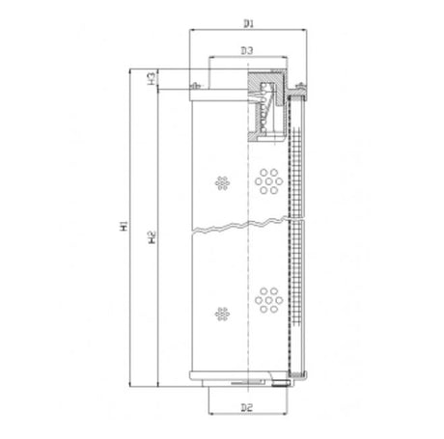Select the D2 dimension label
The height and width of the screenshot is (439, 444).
(248, 408)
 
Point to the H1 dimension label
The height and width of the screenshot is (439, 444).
(122, 228)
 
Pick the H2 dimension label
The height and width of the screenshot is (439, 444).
(152, 234)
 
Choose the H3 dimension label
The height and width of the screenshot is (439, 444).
(153, 77)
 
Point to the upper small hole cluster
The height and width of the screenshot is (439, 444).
(223, 182)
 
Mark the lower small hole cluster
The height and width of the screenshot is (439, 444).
(223, 313)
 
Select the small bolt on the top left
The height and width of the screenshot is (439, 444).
(195, 89)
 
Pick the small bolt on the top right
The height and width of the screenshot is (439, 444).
(302, 90)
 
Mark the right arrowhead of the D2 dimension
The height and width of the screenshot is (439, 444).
(287, 418)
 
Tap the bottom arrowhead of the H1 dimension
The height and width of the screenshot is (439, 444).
(130, 383)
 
